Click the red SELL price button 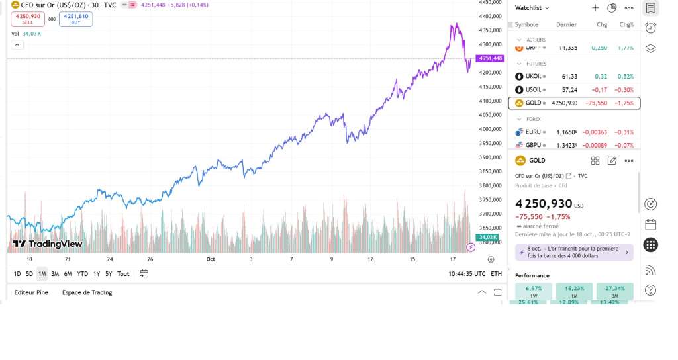(28, 19)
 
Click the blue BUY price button (75, 19)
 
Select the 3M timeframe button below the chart (55, 274)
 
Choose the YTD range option (82, 274)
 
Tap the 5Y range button (109, 274)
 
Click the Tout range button (123, 274)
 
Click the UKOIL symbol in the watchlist (533, 76)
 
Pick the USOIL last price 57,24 (569, 89)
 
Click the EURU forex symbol (533, 132)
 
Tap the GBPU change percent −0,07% (624, 145)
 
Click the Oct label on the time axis (211, 259)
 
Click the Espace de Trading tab (87, 292)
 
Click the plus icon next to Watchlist (595, 8)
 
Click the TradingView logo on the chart (48, 244)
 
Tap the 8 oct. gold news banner (573, 252)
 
